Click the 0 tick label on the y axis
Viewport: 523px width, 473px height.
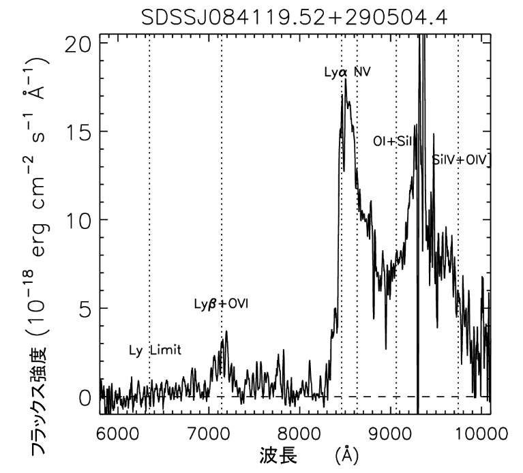(84, 397)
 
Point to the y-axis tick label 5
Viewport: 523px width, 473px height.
(84, 308)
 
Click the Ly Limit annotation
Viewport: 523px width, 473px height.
(155, 350)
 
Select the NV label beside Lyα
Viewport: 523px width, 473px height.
(362, 71)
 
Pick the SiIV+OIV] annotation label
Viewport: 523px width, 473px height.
(462, 159)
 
